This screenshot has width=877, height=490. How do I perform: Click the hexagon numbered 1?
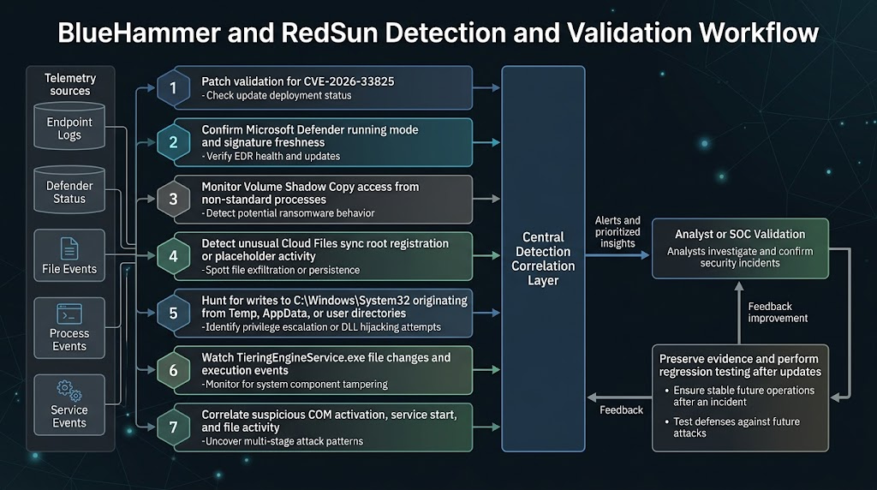pos(173,88)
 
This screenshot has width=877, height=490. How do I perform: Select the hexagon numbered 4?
pos(173,256)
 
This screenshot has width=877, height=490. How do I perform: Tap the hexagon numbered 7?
pos(173,427)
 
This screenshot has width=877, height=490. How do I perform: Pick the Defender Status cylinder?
pos(69,189)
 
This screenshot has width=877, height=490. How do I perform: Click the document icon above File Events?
pos(69,249)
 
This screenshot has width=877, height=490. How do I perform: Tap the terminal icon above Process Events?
pos(69,314)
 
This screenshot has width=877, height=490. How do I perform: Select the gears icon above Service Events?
pos(69,391)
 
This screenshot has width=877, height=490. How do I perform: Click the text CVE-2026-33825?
pos(349,81)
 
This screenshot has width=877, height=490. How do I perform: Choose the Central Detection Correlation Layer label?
pos(543,259)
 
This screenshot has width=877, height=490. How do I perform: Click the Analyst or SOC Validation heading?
pos(740,235)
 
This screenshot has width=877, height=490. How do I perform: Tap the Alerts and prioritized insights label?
pos(617,231)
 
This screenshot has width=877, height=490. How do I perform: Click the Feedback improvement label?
pos(778,312)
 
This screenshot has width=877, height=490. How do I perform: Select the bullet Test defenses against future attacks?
pos(736,427)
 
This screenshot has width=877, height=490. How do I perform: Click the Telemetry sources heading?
pos(70,85)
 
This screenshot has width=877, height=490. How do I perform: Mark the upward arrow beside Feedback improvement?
pos(739,313)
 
